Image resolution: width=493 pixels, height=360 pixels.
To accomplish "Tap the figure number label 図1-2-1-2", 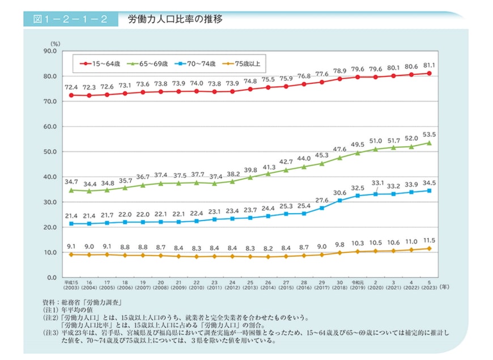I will (71, 19).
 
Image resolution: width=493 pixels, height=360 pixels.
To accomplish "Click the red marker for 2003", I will (71, 95).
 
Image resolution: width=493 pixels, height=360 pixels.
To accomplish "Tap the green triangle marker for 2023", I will (429, 143).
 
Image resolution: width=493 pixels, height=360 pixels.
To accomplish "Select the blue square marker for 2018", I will (340, 201).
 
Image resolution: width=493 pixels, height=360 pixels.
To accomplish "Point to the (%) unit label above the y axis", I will (54, 43).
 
